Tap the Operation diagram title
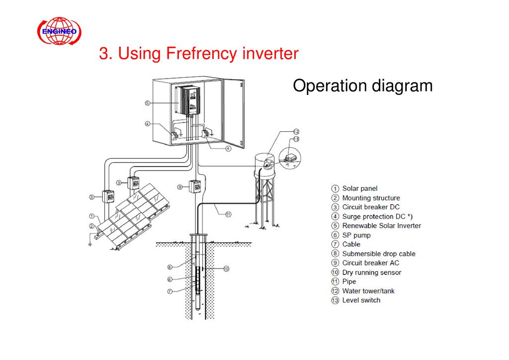(x=362, y=86)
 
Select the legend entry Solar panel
(x=359, y=188)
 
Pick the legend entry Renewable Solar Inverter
(x=381, y=226)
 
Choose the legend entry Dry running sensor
(x=371, y=272)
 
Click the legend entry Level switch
(x=361, y=300)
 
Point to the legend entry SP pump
(x=356, y=235)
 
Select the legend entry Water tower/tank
(x=368, y=291)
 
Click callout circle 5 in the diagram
(x=148, y=103)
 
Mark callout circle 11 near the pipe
(x=228, y=215)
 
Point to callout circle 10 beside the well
(x=226, y=269)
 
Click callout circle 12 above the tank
(x=296, y=132)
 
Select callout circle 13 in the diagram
(x=296, y=140)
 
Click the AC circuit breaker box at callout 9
(x=195, y=186)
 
